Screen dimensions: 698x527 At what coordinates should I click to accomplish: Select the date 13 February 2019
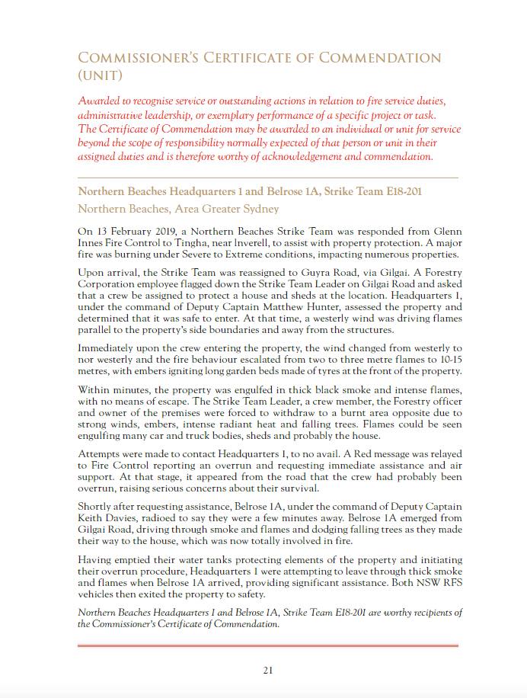click(x=144, y=229)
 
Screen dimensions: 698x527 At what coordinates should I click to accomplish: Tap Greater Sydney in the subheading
click(x=242, y=209)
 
